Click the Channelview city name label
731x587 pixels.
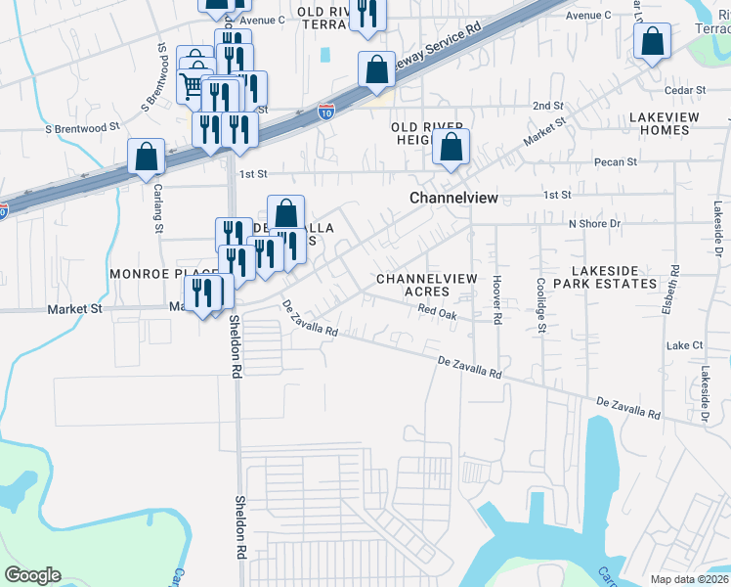[x=453, y=198]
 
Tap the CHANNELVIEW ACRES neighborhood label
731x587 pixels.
[x=427, y=285]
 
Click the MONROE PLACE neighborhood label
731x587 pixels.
[x=148, y=274]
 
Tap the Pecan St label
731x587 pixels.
[x=618, y=161]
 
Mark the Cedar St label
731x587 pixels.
[x=685, y=90]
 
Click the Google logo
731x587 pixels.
[x=33, y=575]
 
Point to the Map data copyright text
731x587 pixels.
[x=689, y=579]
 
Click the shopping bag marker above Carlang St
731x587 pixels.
[x=147, y=157]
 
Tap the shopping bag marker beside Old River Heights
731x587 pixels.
[x=451, y=148]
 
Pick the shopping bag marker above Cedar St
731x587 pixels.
[x=652, y=42]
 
